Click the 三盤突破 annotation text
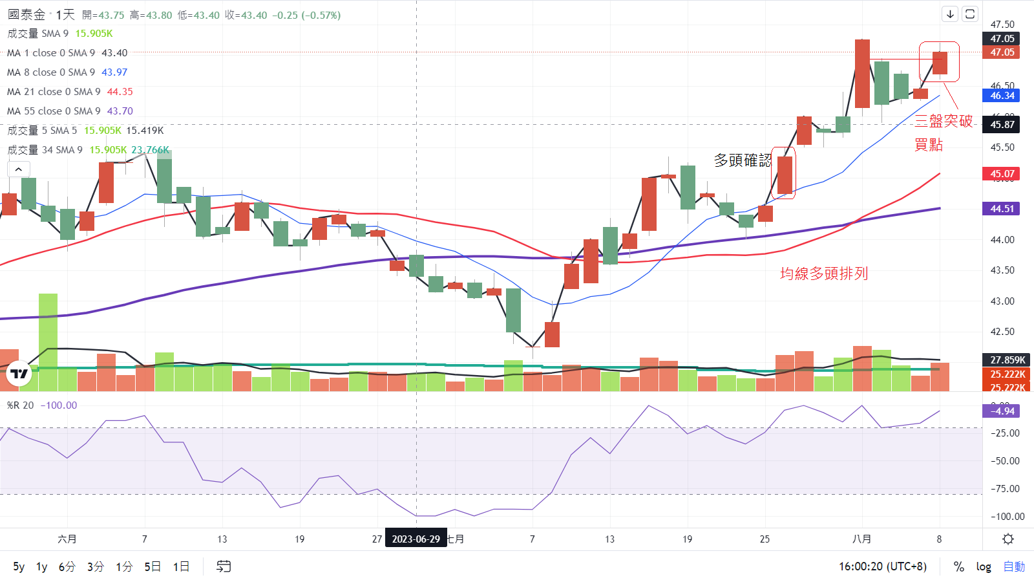click(944, 121)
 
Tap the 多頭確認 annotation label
click(743, 160)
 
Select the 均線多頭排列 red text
click(824, 274)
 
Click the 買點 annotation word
click(929, 145)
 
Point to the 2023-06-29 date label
click(416, 539)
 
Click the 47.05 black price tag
click(1001, 39)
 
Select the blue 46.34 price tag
click(1001, 96)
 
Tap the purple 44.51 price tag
click(1001, 209)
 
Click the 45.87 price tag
click(1001, 125)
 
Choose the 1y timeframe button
click(42, 567)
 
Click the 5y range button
click(19, 567)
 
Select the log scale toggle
click(984, 567)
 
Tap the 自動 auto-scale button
click(1014, 567)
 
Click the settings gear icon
click(1008, 539)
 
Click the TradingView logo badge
click(19, 374)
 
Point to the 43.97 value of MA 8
click(114, 72)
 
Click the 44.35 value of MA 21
click(120, 92)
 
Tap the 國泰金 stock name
click(26, 14)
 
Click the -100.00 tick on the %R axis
click(1008, 517)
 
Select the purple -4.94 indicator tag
click(1001, 411)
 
